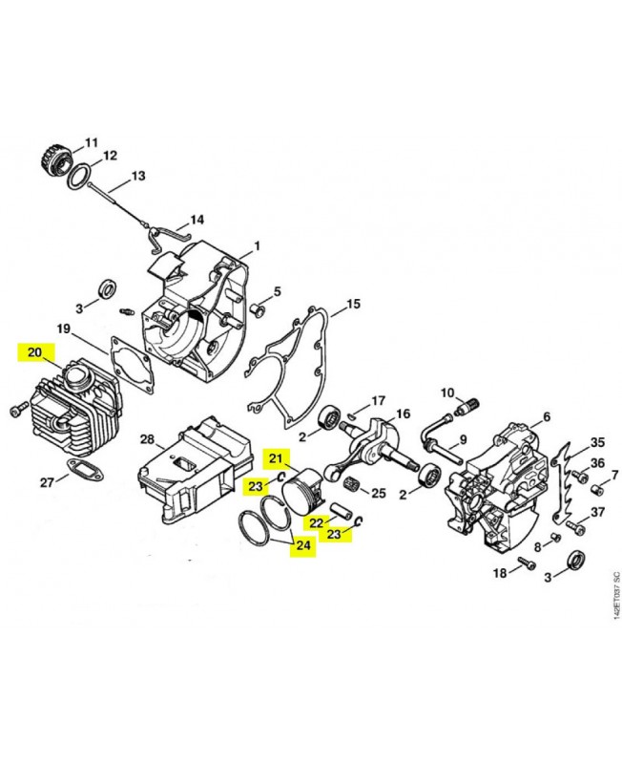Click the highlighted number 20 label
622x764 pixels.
35,352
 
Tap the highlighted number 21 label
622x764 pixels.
276,458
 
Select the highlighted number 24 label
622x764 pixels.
302,544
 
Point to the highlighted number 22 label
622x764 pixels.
316,522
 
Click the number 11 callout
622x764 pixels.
92,142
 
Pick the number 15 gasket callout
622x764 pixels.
353,304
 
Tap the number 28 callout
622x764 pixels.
147,439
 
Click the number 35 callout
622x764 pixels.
597,442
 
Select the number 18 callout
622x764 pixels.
500,573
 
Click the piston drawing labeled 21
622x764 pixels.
302,491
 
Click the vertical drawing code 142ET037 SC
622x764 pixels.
616,595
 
